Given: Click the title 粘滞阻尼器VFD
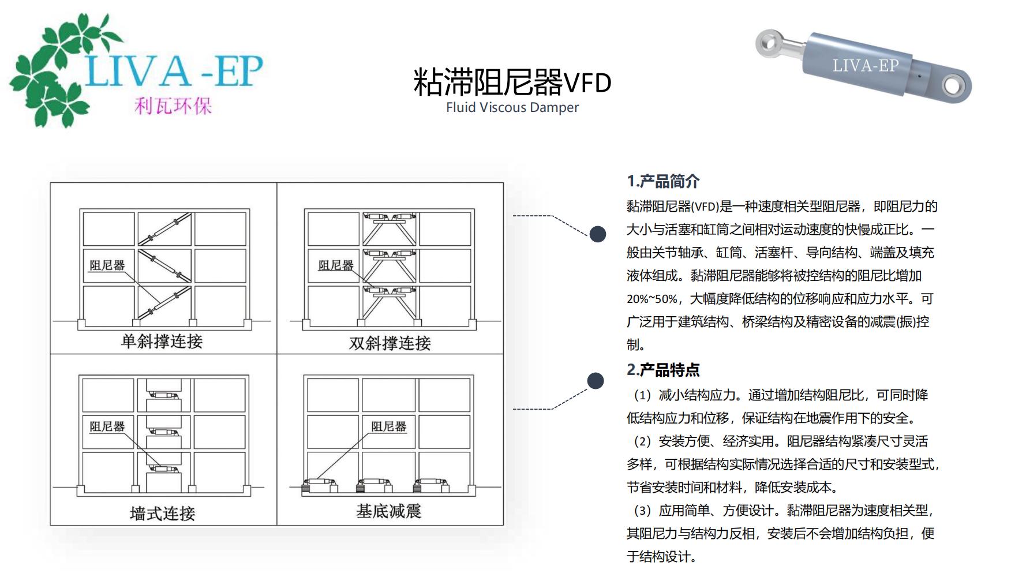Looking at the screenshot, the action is [x=512, y=81].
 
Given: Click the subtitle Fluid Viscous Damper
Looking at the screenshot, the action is [x=512, y=107].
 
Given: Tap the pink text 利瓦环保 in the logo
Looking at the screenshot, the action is [x=173, y=106].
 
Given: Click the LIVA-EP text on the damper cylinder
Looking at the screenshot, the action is [x=866, y=66].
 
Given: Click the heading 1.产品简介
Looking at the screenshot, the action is [x=663, y=181].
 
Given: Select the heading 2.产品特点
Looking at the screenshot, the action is [x=663, y=369].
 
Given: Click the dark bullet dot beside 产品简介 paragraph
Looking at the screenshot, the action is [x=598, y=234].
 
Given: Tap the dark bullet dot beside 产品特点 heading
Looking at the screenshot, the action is [x=596, y=381].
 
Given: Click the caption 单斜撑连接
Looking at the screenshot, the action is [x=162, y=342].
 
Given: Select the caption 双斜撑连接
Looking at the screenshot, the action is [x=390, y=343].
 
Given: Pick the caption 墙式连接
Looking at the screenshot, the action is [x=163, y=513].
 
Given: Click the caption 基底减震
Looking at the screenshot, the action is [x=389, y=511].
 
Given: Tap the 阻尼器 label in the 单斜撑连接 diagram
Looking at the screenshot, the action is [x=107, y=265].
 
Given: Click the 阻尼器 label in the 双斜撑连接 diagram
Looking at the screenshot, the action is [x=336, y=265].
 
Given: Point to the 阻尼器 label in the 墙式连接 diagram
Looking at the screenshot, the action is [x=107, y=426].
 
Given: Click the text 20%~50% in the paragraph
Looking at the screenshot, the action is [x=651, y=299].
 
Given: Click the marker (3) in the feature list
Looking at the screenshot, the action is [x=642, y=511].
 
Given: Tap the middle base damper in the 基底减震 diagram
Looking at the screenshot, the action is [x=376, y=485].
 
